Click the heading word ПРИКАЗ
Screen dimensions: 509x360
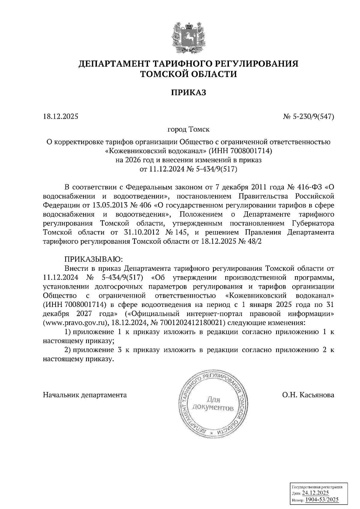coord(188,93)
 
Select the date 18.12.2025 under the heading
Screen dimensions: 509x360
coord(61,116)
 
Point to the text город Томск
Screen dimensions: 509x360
coord(188,129)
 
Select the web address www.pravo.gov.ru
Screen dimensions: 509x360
coord(76,323)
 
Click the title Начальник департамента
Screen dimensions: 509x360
coord(85,395)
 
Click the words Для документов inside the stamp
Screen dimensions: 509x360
coord(213,404)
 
